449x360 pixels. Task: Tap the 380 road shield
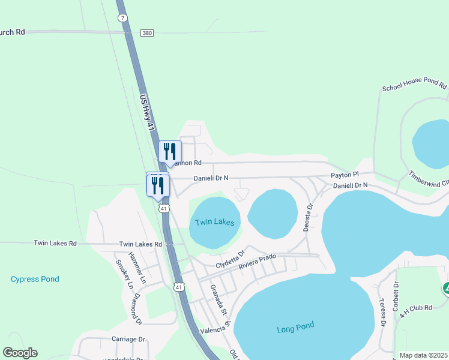147,33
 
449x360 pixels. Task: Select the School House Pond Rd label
415,87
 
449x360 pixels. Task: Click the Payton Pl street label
345,175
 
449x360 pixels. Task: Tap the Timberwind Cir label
429,179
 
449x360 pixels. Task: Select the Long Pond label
295,327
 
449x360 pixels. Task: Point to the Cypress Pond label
35,279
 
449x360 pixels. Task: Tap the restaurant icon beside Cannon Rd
169,151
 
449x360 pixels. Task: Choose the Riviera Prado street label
257,261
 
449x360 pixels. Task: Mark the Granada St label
217,299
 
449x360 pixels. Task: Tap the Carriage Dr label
128,339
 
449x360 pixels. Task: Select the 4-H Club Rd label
418,308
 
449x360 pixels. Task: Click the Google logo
20,353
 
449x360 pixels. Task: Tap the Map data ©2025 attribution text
423,355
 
